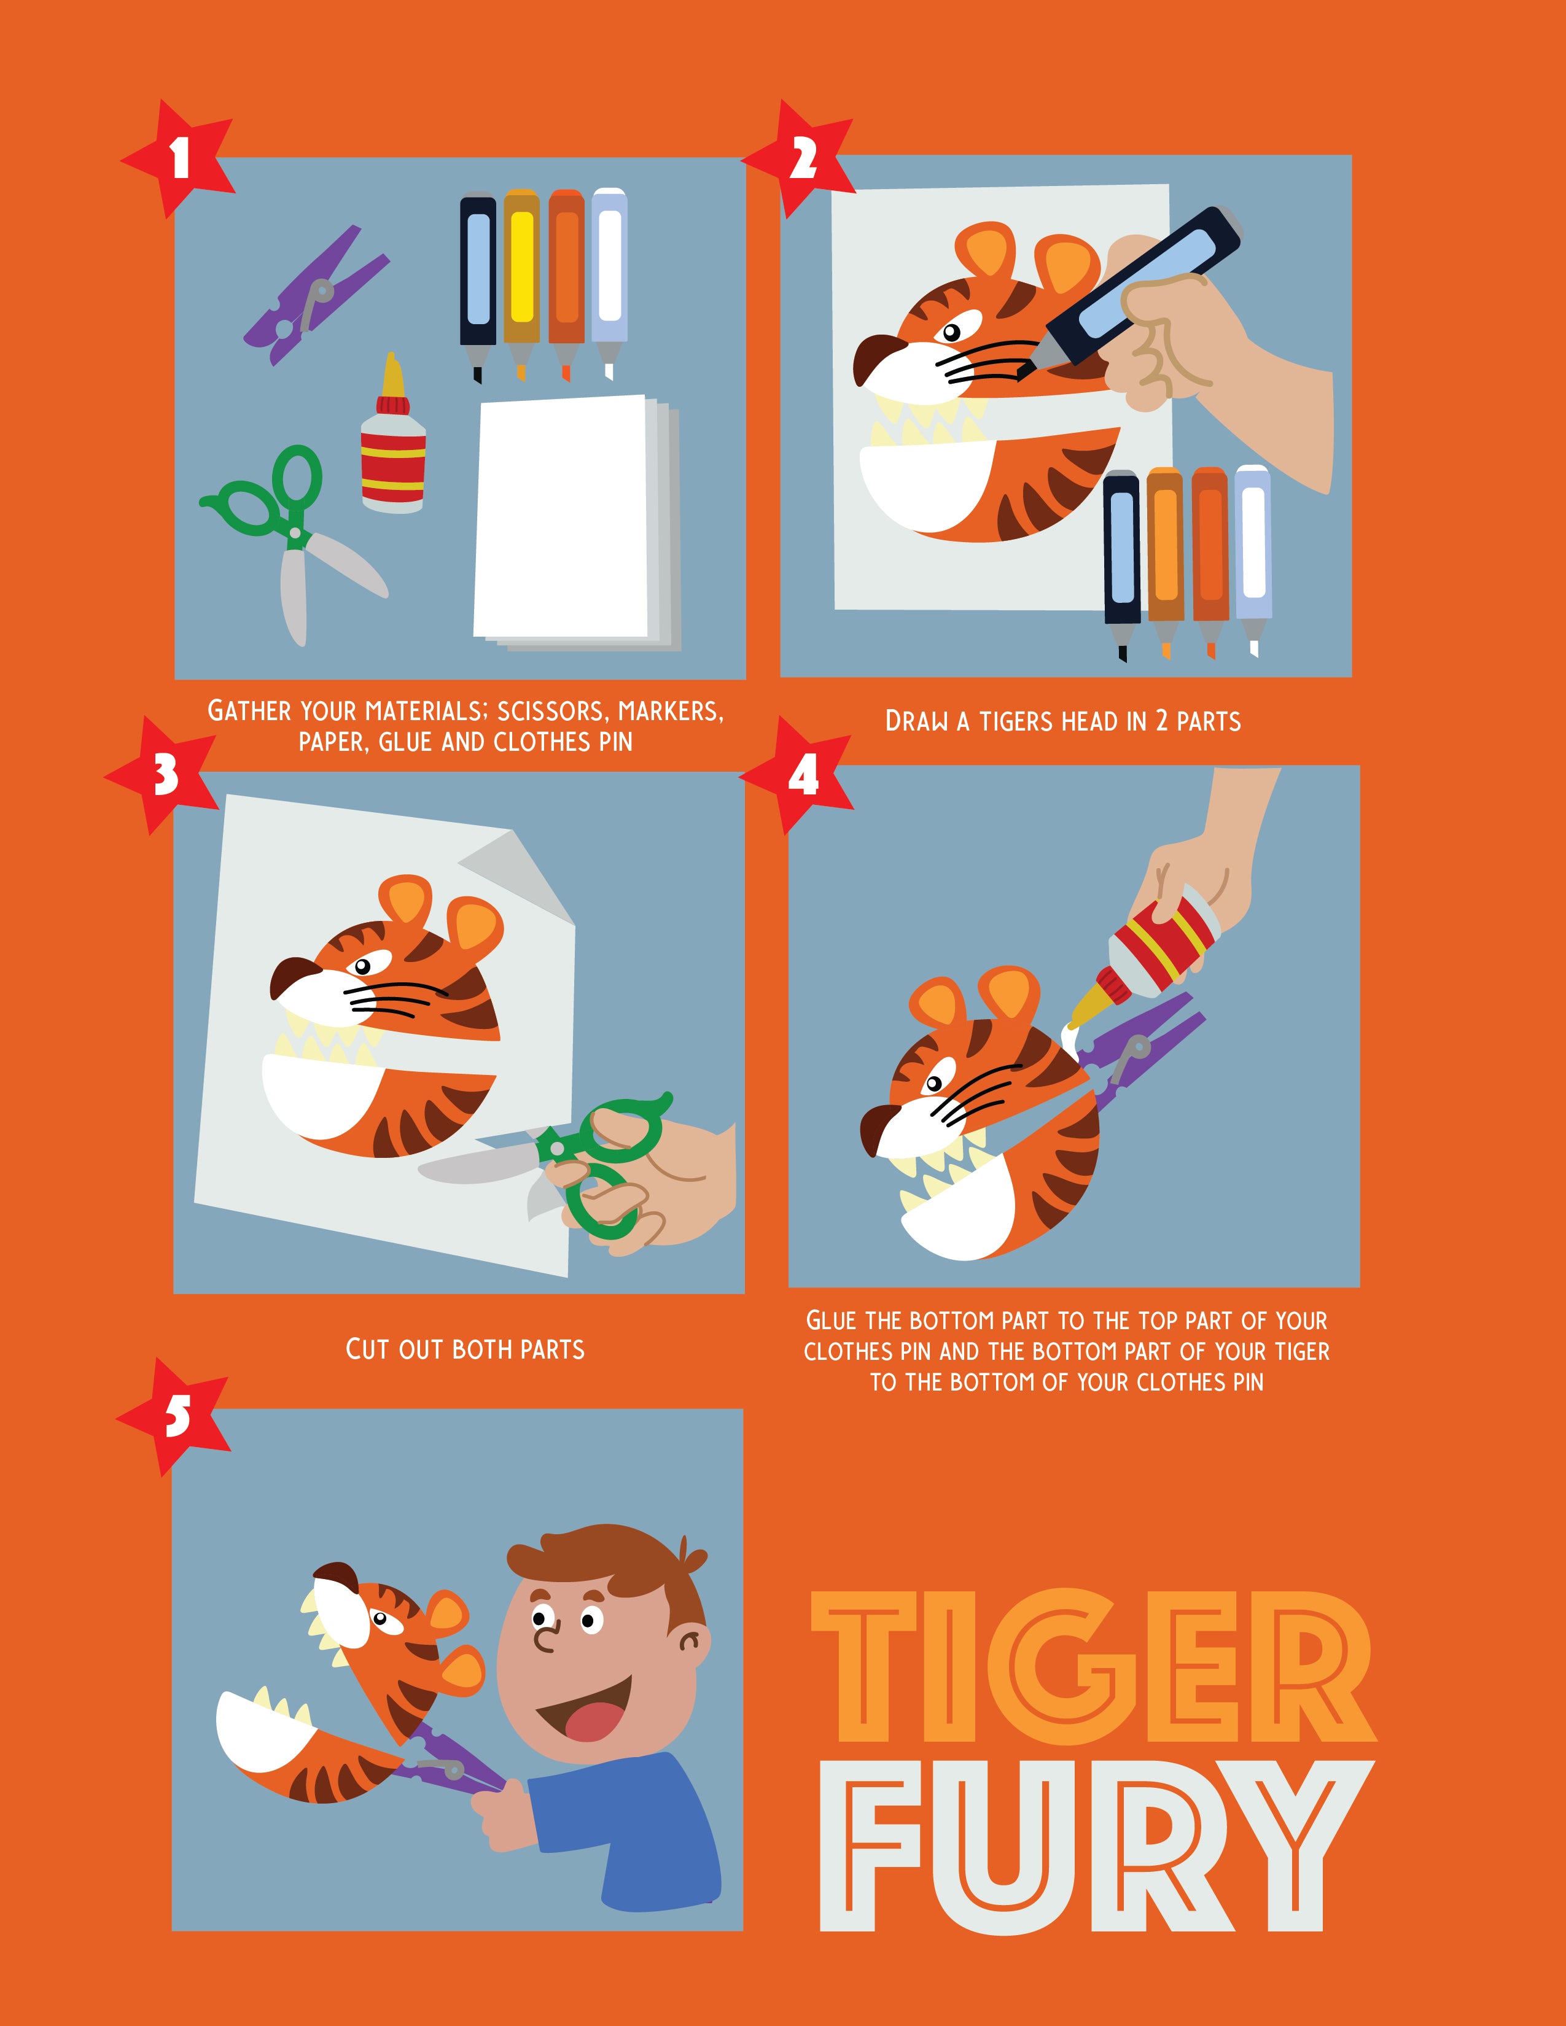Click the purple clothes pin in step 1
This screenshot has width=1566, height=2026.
click(316, 295)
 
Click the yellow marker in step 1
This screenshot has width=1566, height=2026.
click(523, 283)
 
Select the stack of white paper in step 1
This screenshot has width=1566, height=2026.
click(577, 521)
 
